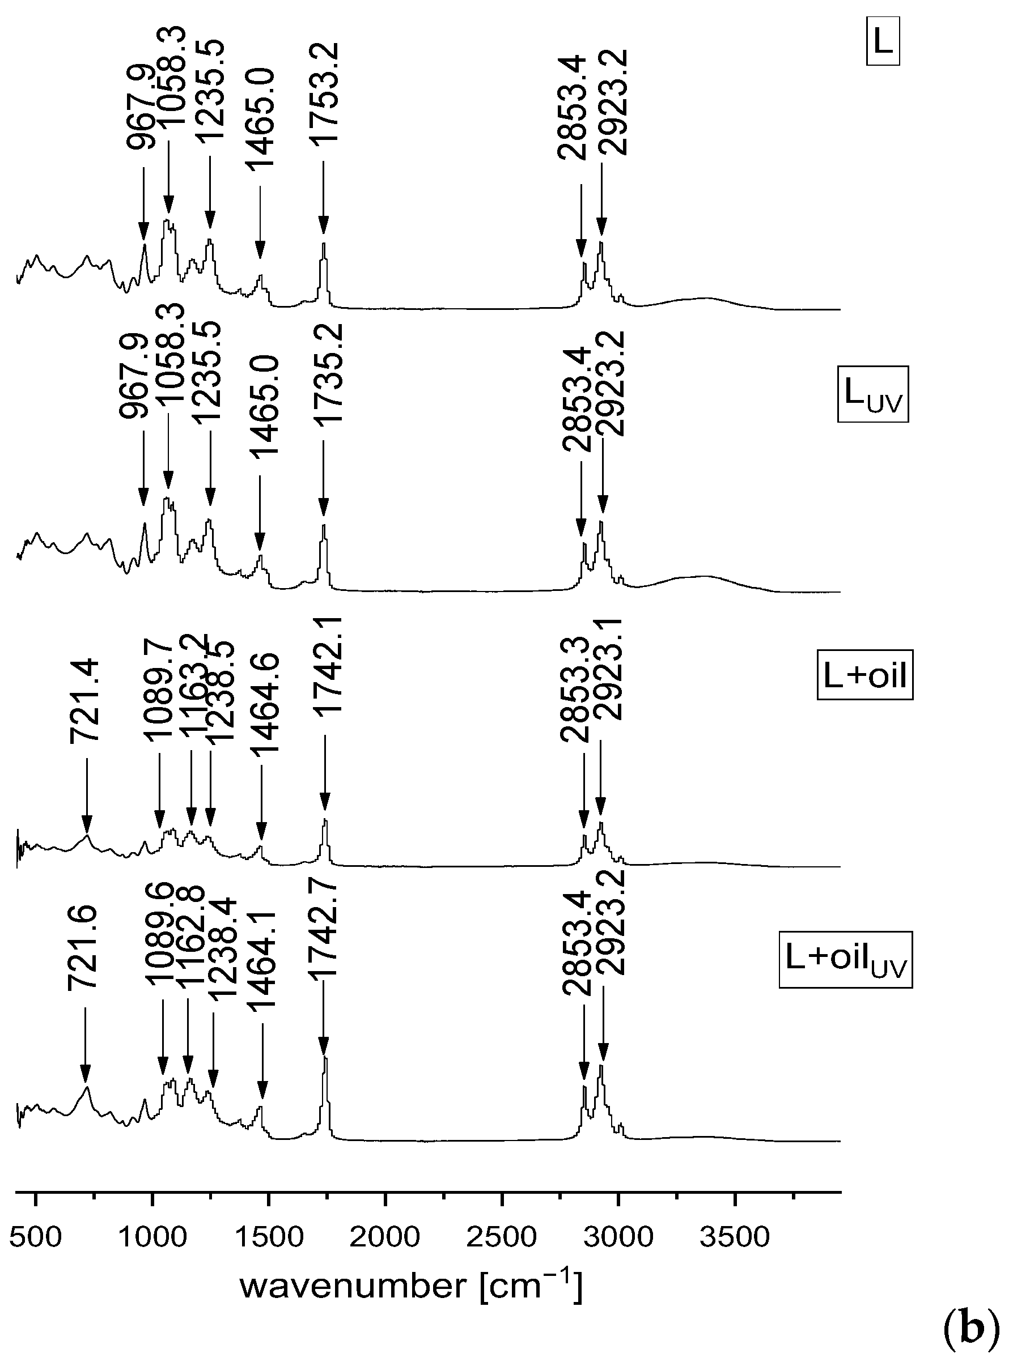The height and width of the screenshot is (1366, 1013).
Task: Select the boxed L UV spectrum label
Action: [872, 394]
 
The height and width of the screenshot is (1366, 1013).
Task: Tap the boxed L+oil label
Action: [864, 676]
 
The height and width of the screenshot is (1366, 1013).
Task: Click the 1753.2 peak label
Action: [323, 93]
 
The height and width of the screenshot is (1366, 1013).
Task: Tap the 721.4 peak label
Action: [84, 701]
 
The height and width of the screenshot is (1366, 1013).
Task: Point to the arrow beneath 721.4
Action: [87, 796]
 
